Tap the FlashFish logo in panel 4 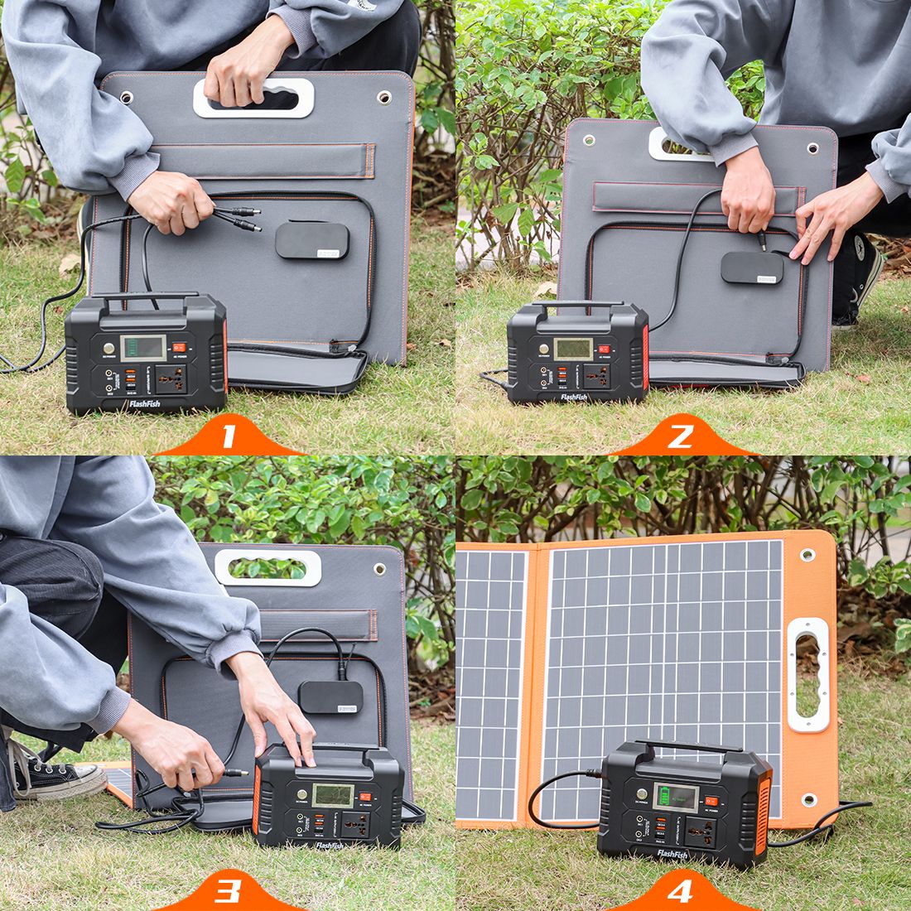[672, 853]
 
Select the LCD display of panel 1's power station [138, 348]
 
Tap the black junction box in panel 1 [311, 240]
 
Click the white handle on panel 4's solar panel [807, 675]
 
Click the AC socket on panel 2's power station [597, 375]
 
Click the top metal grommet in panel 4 [807, 552]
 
